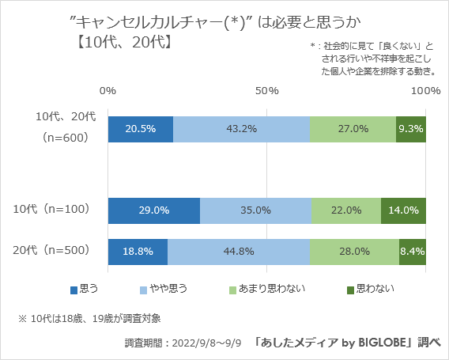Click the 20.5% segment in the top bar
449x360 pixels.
tap(141, 129)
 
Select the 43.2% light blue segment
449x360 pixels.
tap(241, 129)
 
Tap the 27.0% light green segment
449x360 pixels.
tap(353, 129)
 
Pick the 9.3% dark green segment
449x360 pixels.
tap(411, 129)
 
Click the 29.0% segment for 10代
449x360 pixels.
tap(154, 210)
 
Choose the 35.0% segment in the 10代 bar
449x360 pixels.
tap(255, 210)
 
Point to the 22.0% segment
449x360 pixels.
tap(346, 210)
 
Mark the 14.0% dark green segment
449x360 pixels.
tap(404, 210)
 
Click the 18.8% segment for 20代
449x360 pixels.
tap(138, 251)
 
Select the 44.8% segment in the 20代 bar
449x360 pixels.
tap(239, 251)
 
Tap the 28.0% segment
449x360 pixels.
tap(354, 251)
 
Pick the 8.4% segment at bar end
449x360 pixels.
tap(413, 251)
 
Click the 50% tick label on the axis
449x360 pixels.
tap(267, 91)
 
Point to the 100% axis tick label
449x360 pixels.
tap(426, 91)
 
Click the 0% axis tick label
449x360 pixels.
tap(108, 91)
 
